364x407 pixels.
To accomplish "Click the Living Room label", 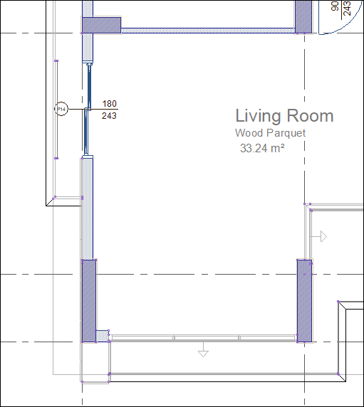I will pos(284,116).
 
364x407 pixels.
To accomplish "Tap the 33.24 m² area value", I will pos(262,148).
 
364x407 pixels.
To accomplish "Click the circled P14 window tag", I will pos(62,109).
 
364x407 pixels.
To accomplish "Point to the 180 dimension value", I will pos(110,104).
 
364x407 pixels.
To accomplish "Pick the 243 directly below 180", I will pos(110,115).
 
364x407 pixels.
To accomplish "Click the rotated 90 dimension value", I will pos(336,6).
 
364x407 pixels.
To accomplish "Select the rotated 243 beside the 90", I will pos(346,7).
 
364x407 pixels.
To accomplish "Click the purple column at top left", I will pos(101,25).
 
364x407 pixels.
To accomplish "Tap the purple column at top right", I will pos(303,16).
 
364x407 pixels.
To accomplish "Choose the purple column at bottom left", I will pos(88,300).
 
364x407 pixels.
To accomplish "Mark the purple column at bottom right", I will pos(304,300).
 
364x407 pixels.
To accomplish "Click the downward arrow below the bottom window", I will pos(203,350).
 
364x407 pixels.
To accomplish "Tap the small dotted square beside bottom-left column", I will pos(102,335).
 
